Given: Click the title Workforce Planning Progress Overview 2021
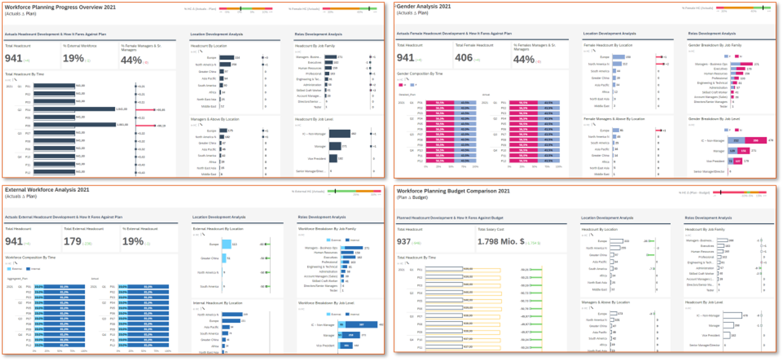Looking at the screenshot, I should point(60,7).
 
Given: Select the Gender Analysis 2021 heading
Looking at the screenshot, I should point(424,7).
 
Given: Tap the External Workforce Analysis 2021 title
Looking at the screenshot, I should point(47,190).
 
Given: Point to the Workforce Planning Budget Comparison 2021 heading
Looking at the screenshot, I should point(453,191).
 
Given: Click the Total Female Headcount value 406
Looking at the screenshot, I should point(463,58).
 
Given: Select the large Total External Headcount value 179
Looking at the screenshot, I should point(72,241).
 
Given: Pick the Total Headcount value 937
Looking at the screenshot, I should point(404,242).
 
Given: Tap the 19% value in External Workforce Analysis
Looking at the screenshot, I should point(133,241).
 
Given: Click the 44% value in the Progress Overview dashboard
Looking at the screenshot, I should point(131,60).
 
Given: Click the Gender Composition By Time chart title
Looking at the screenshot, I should point(420,74).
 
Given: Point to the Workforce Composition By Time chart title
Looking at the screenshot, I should point(30,257).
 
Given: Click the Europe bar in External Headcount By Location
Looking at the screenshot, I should point(226,244).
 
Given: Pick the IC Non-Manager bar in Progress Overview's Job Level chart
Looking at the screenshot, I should point(340,134).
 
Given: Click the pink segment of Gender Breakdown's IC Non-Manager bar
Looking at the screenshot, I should point(756,140).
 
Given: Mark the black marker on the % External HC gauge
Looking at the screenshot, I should point(335,191).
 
